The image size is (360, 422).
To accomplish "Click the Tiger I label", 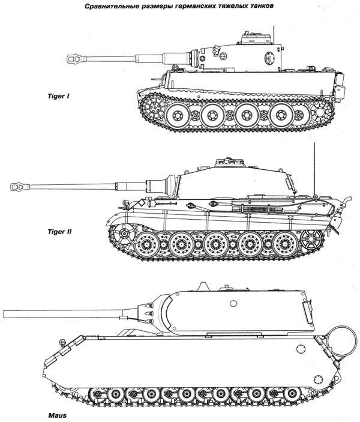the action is point(58,96).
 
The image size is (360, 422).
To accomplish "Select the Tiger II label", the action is point(59,232).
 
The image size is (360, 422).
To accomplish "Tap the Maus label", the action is point(58,415).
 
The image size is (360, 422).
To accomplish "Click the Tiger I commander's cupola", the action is point(255,38).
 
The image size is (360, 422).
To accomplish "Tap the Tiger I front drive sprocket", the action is point(154,107).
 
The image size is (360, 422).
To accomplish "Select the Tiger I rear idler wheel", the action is point(320,112).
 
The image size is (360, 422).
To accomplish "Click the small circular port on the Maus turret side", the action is point(233,304).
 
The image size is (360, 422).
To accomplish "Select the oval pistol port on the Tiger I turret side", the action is point(268,57).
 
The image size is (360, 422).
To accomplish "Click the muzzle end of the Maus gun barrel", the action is point(4,313).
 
